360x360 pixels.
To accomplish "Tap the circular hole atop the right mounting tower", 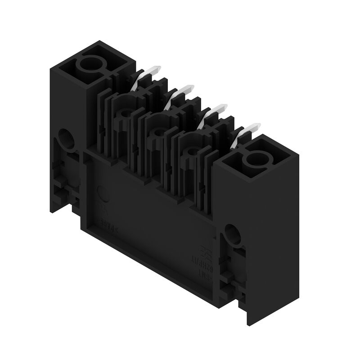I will (x=255, y=158).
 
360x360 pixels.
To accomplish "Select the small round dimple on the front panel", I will (x=103, y=196).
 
